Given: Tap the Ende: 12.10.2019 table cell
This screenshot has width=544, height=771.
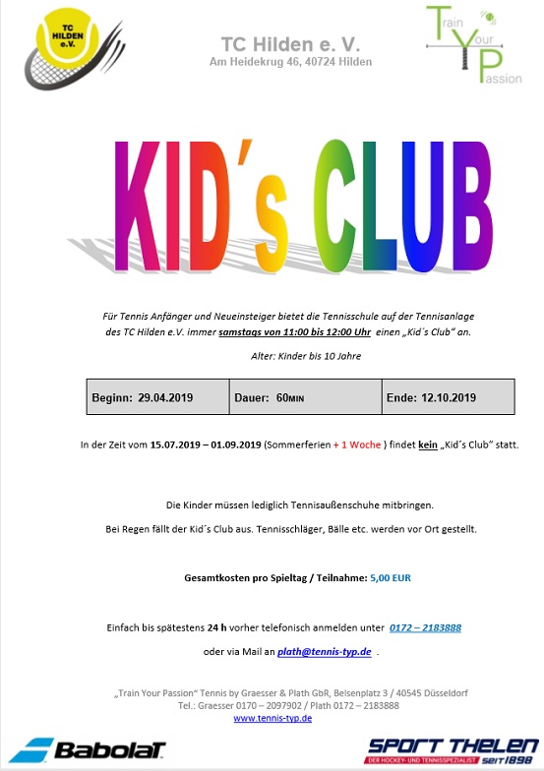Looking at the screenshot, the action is coord(432,397).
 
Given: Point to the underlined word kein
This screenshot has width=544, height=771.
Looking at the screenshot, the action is coord(428,445).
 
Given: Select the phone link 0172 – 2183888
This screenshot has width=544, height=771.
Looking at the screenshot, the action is coord(425,627).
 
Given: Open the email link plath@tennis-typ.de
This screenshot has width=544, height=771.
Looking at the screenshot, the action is coord(324,651).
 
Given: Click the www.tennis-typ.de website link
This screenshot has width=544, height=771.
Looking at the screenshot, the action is coord(272,719).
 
